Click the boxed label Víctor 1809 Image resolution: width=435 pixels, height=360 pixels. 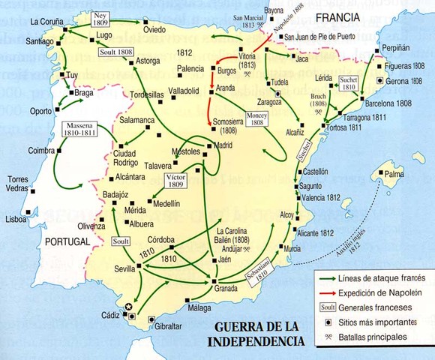175,180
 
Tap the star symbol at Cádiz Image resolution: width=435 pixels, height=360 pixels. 128,307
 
